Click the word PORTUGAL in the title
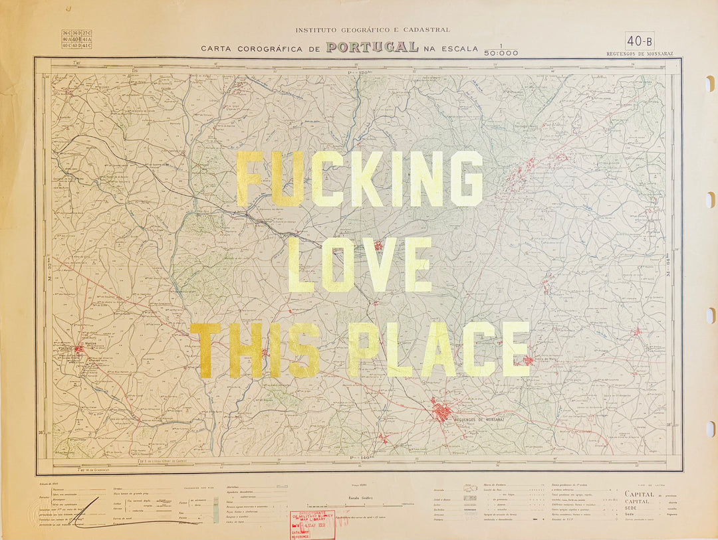[372, 47]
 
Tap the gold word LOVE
[360, 265]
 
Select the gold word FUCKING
[360, 179]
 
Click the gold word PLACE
[439, 349]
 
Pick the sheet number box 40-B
[640, 41]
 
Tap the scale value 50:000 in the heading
[501, 53]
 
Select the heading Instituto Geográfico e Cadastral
[372, 30]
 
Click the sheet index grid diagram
[76, 39]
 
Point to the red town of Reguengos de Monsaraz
[441, 410]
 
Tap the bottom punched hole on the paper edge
[709, 429]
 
